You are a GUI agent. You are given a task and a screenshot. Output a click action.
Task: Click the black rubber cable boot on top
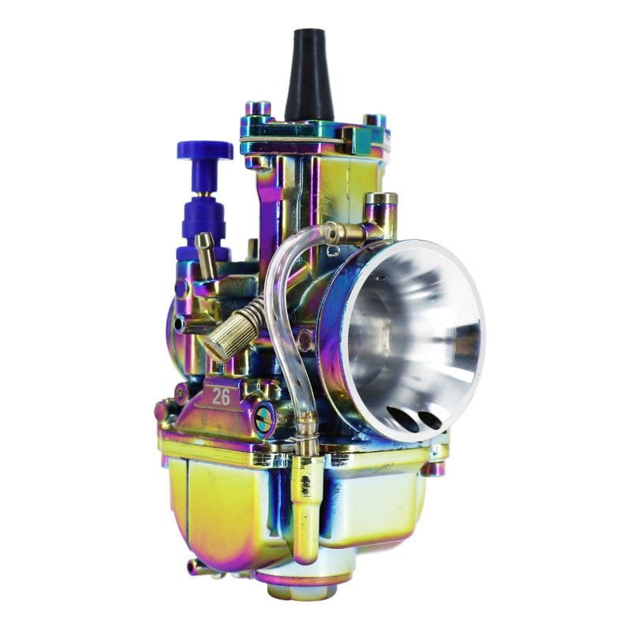pos(308,75)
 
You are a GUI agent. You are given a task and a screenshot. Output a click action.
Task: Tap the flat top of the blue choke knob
pos(204,149)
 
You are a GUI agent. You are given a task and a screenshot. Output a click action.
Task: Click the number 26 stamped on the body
pos(221,397)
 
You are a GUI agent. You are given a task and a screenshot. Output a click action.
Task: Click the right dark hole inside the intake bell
pos(431,419)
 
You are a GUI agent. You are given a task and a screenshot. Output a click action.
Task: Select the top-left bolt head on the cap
pos(257,109)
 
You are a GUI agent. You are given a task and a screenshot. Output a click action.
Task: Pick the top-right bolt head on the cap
pos(375,121)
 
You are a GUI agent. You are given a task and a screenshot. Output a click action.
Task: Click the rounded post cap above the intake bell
pos(381,200)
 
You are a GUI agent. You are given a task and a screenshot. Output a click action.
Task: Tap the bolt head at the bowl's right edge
pos(435,469)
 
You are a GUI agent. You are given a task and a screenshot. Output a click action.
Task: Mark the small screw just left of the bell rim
pos(305,340)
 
